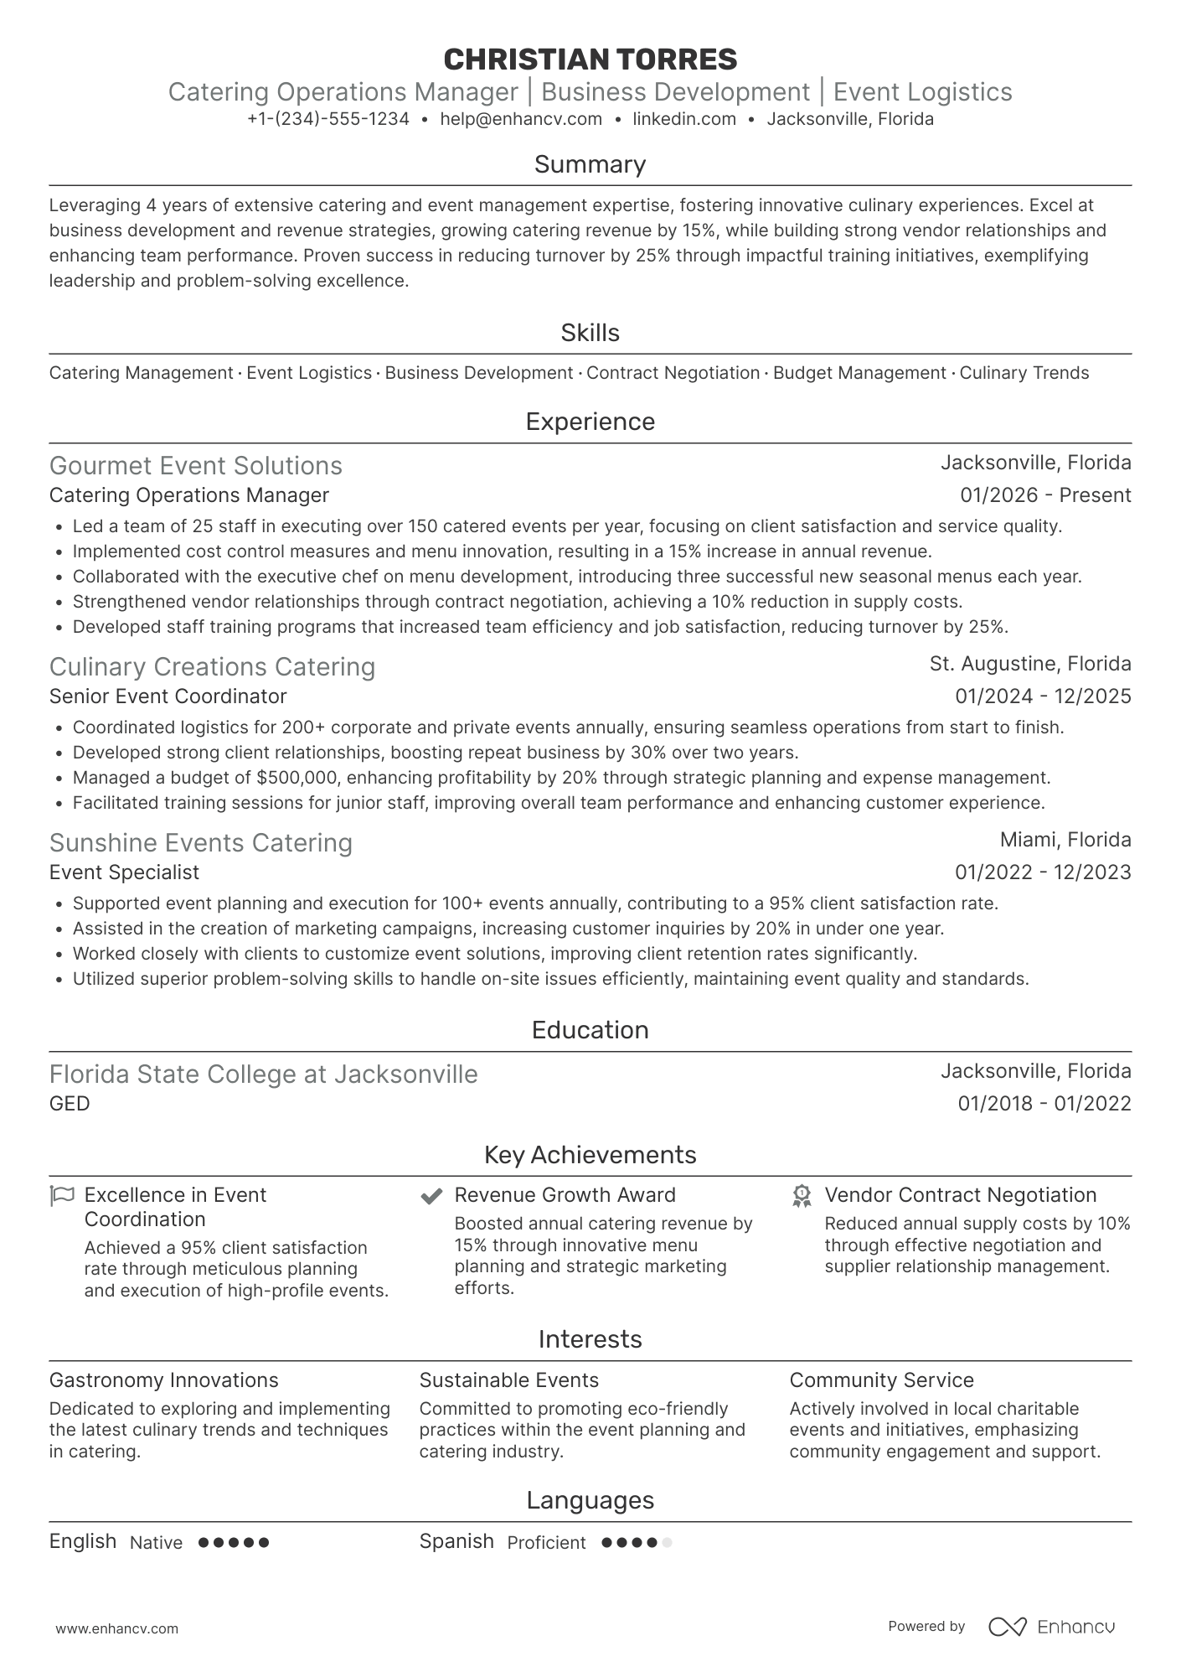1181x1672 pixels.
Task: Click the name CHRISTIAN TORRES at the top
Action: [x=590, y=60]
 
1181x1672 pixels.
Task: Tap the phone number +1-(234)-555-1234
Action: [x=328, y=119]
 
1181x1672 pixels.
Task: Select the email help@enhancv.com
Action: [x=521, y=119]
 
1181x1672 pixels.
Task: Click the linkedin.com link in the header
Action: [x=684, y=119]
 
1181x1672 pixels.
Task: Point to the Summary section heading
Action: [x=590, y=164]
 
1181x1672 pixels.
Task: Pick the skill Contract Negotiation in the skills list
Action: [x=673, y=373]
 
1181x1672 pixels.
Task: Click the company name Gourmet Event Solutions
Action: [x=196, y=466]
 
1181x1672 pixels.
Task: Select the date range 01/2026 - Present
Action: [x=1045, y=495]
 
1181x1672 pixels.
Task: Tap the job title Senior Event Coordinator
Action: [x=168, y=696]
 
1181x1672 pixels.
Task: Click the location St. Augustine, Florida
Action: [x=1030, y=664]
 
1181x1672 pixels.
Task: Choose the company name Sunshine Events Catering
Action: [x=201, y=843]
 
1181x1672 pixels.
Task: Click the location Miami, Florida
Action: [x=1065, y=840]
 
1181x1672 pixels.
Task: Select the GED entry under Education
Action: [x=70, y=1104]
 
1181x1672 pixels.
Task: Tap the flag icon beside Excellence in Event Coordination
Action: [x=62, y=1195]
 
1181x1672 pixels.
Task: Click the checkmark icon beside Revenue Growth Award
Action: [x=431, y=1196]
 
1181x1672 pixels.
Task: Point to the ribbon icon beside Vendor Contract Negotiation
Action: [x=802, y=1196]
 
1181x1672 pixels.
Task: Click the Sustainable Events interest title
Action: [x=508, y=1380]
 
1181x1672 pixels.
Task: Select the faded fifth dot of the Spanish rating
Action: [x=667, y=1542]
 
